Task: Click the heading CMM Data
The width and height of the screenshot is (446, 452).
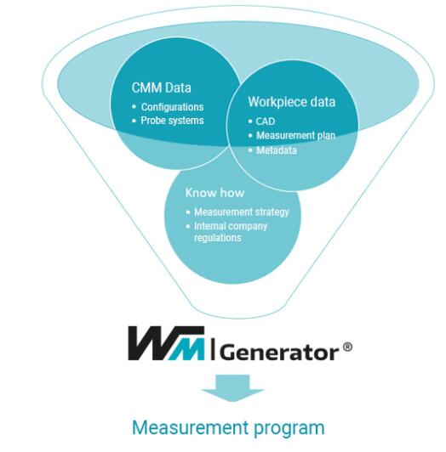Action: (161, 88)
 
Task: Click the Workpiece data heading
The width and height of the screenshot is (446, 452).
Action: (291, 102)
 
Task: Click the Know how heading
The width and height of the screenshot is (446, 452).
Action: (214, 193)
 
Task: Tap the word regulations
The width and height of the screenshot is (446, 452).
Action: (218, 238)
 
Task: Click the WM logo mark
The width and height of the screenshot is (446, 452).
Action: (166, 343)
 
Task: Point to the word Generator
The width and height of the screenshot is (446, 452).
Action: (279, 353)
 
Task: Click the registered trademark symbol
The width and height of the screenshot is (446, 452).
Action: (347, 347)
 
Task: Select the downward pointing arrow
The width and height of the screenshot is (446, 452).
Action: (233, 387)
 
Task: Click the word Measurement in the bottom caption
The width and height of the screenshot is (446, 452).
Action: (190, 427)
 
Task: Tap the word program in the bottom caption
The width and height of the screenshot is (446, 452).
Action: (289, 429)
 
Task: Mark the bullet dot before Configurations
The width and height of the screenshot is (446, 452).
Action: (134, 107)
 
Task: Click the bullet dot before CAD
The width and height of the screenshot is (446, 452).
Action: (250, 121)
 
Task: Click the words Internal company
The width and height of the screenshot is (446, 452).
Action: (231, 226)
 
